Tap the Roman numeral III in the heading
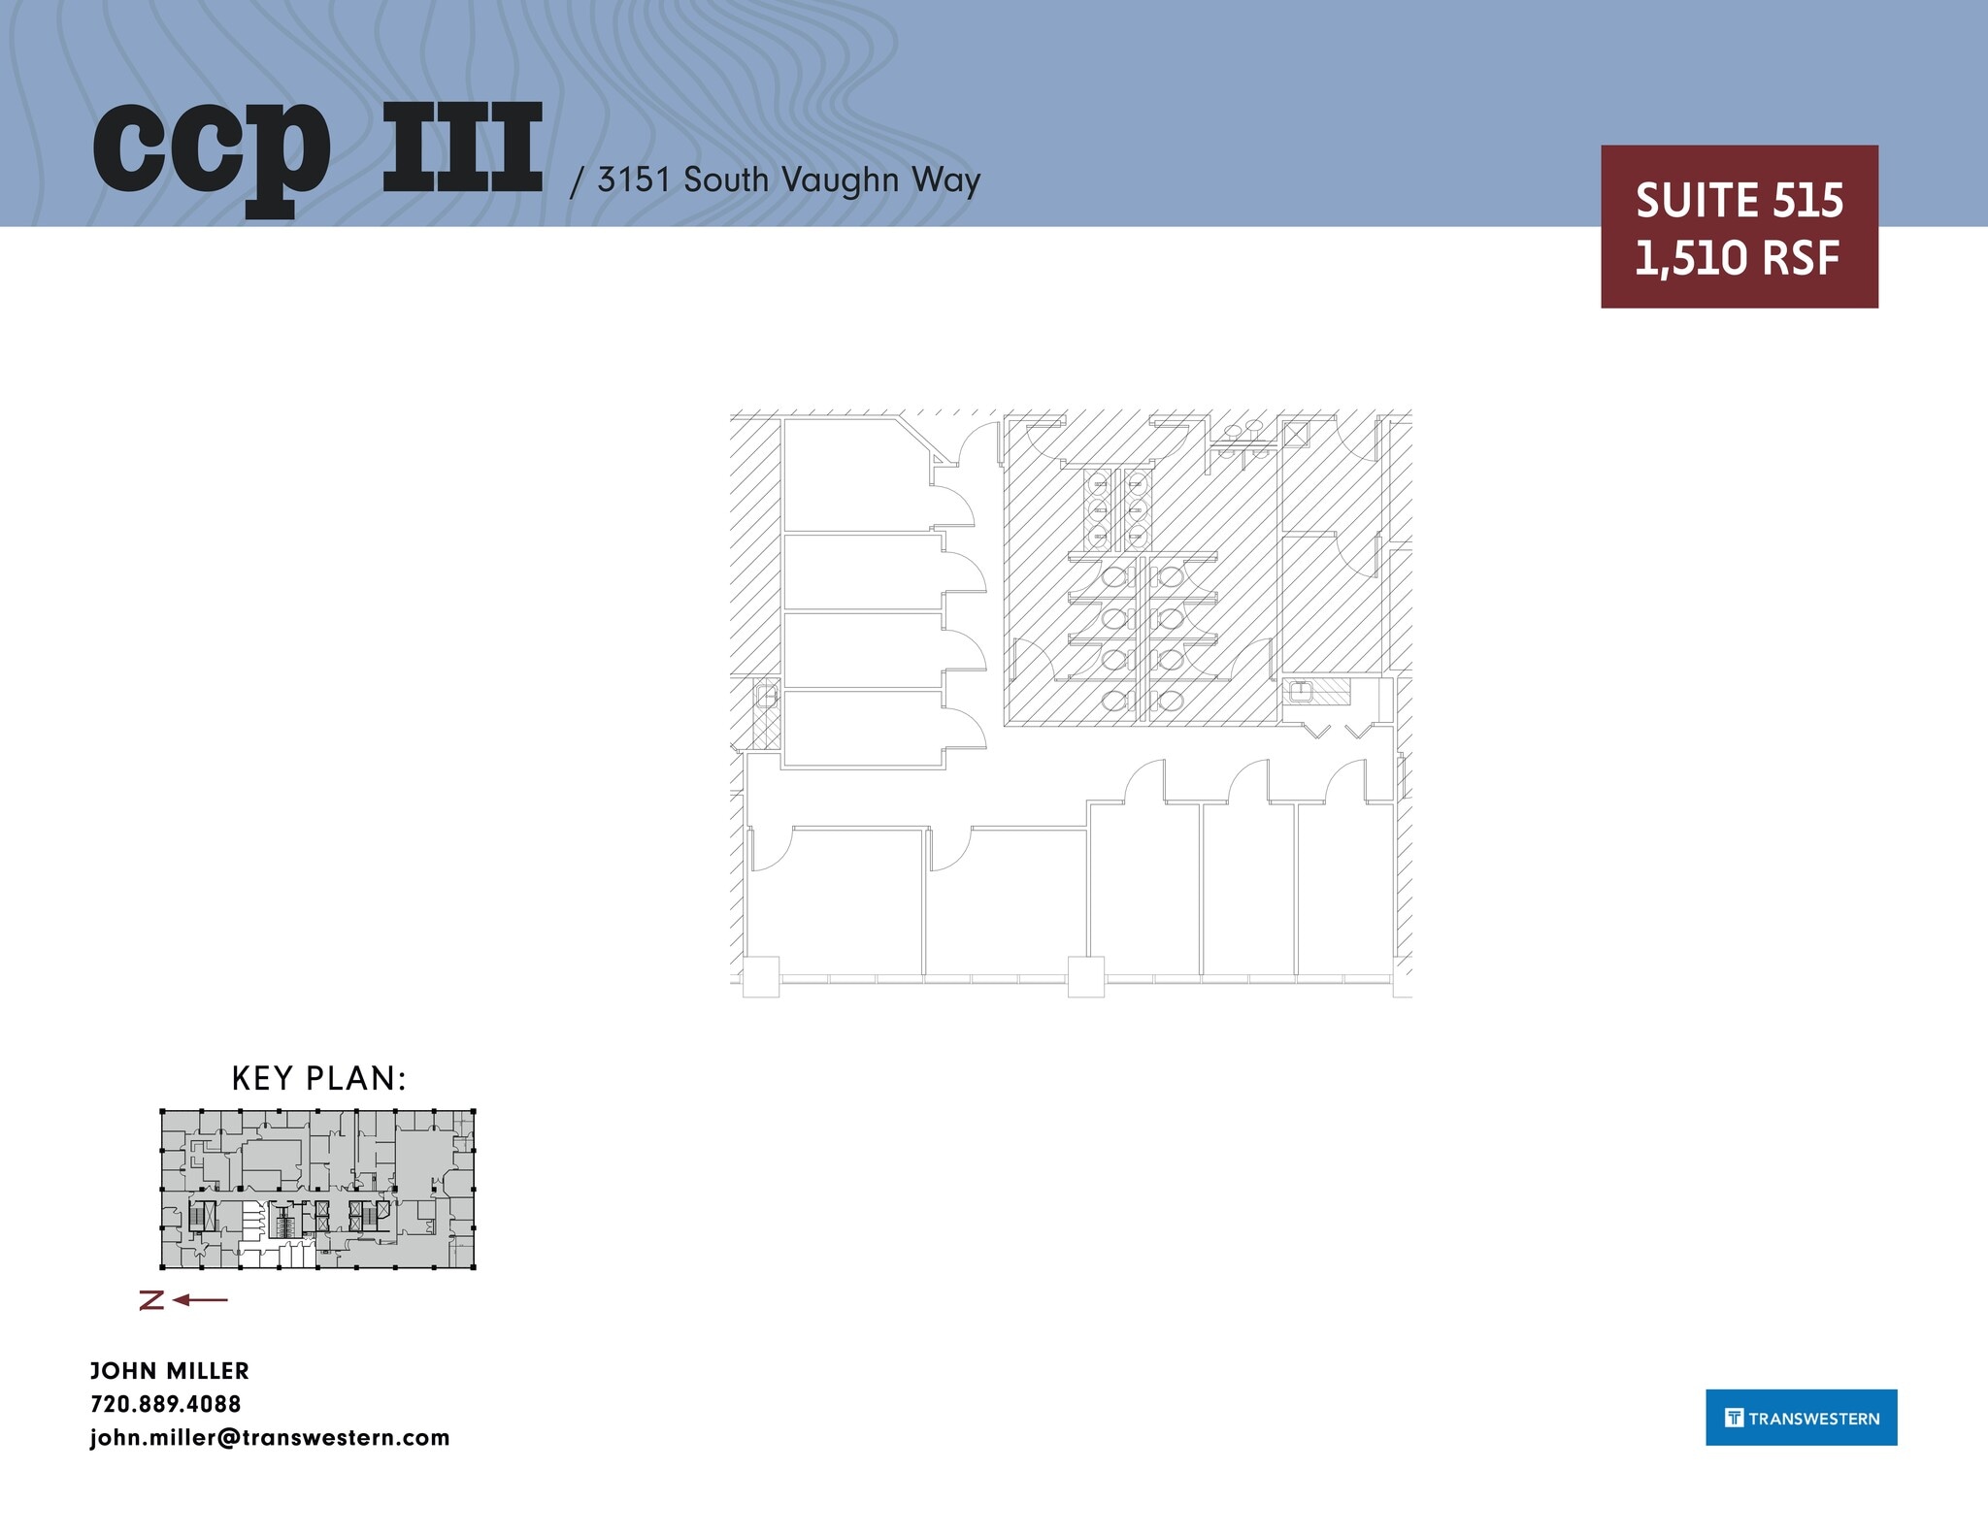pos(462,147)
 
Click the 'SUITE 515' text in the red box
pos(1739,201)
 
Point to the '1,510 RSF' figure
pos(1738,258)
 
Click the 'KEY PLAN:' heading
pos(318,1078)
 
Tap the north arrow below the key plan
pos(184,1300)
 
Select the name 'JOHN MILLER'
pos(170,1371)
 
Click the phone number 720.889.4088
pos(166,1404)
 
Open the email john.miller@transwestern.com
pos(270,1438)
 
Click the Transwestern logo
pos(1801,1418)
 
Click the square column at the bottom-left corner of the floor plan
pos(761,976)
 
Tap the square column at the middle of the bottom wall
pos(1085,976)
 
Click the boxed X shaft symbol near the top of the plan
pos(1296,434)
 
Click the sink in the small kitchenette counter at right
pos(1300,692)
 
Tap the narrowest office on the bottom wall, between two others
pos(1248,888)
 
